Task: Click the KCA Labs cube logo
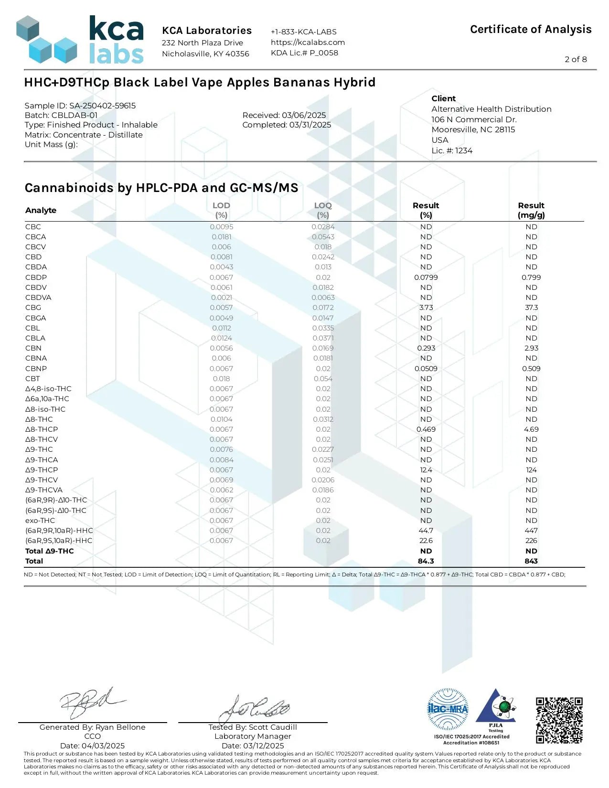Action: coord(46,40)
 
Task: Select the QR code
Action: coord(559,720)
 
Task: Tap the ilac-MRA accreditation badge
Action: coord(448,709)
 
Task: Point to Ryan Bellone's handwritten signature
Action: coord(91,703)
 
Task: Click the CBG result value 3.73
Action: coord(426,308)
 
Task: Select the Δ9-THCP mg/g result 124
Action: coord(531,470)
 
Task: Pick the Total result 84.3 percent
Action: coord(426,561)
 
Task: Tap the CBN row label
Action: coord(33,348)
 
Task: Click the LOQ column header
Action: coord(323,210)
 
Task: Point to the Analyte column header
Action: coord(41,210)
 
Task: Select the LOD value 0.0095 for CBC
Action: coord(221,227)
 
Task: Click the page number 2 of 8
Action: coord(576,59)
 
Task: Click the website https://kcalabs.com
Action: coord(308,42)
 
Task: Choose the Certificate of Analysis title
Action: coord(531,30)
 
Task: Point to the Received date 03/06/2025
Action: coord(284,115)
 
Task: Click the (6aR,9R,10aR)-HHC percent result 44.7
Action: coord(426,531)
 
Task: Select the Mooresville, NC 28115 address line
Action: coord(473,129)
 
